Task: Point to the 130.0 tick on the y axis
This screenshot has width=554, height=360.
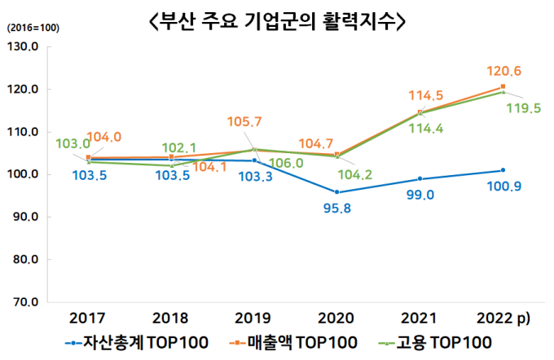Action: point(24,46)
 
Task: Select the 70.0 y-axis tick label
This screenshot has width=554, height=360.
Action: point(24,302)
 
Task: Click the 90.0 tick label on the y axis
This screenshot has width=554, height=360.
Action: point(24,217)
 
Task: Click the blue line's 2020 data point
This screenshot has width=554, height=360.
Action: point(336,192)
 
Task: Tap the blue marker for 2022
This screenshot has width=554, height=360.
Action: point(503,170)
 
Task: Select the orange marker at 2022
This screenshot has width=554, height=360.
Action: point(503,86)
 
